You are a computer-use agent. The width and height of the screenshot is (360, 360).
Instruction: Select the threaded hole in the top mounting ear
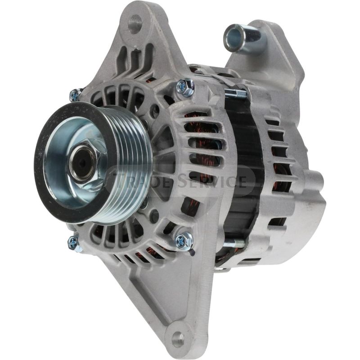click(135, 23)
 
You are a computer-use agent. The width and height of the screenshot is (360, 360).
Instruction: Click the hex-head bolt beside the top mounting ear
click(185, 86)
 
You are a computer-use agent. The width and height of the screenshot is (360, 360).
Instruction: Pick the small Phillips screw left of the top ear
click(75, 95)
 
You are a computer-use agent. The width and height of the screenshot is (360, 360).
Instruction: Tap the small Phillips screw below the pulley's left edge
click(73, 243)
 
